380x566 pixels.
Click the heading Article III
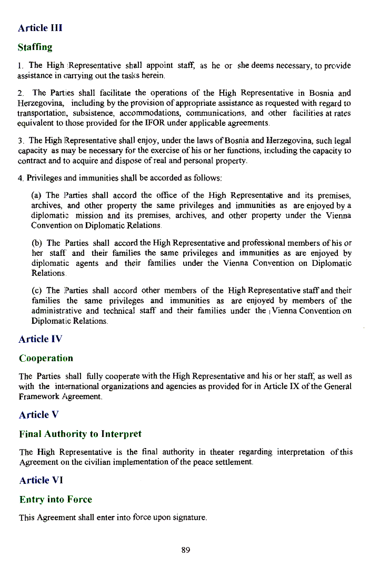coord(40,28)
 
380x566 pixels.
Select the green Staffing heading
coord(35,47)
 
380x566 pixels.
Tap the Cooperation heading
coord(46,359)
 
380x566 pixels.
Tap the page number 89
coord(185,550)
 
